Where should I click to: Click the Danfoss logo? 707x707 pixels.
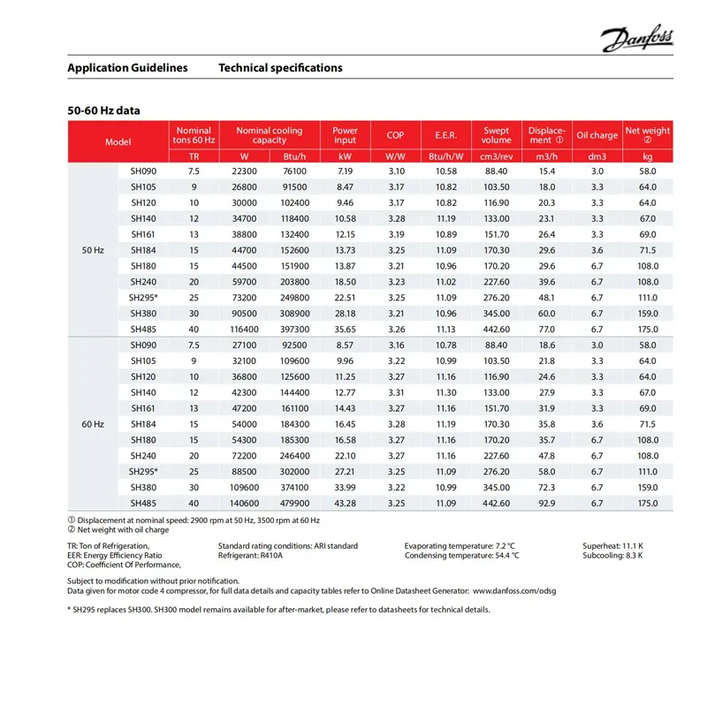click(636, 39)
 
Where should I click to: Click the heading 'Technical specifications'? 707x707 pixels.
click(280, 68)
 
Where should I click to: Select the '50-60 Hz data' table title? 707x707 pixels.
click(103, 111)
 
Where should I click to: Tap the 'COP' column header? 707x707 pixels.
click(395, 135)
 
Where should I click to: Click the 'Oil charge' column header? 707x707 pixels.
click(597, 135)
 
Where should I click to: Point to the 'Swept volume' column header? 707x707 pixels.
click(497, 135)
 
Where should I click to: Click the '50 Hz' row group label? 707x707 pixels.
click(93, 250)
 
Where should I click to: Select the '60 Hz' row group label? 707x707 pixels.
click(93, 424)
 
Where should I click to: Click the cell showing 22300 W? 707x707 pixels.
click(244, 171)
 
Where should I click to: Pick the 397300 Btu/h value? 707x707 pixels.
click(295, 329)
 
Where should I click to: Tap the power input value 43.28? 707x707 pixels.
click(345, 503)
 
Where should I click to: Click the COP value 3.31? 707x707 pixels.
click(395, 392)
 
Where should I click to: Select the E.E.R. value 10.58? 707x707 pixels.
click(446, 171)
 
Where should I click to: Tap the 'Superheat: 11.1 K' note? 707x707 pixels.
click(612, 546)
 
